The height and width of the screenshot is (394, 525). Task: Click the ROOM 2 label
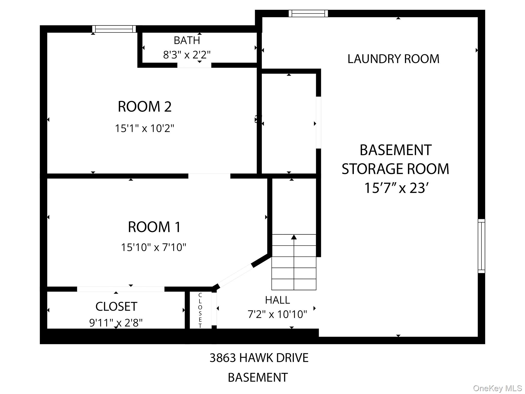point(145,107)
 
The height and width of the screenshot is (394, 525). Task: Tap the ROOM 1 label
point(154,227)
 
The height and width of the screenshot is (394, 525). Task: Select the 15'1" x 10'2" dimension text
point(144,128)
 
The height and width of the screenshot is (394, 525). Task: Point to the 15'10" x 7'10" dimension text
point(153,247)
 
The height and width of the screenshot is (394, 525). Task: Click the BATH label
point(187,40)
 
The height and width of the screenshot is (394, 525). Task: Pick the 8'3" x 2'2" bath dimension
point(187,55)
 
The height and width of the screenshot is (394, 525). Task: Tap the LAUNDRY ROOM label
point(393,59)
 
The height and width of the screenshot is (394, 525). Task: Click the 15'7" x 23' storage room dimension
point(396,188)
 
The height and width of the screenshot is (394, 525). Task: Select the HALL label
point(277,300)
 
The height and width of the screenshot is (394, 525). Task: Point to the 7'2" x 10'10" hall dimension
point(277,314)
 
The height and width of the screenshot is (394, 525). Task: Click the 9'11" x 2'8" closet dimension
point(116,323)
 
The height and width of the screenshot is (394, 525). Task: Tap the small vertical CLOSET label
point(200,310)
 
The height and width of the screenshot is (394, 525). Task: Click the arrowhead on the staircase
point(294,237)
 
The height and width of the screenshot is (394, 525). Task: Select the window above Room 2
point(114,29)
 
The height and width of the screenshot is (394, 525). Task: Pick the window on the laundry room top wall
point(308,13)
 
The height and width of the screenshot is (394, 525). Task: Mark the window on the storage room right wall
point(481,246)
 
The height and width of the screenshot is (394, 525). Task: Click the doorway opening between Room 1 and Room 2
point(209,176)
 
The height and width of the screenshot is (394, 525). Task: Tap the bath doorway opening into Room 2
point(194,65)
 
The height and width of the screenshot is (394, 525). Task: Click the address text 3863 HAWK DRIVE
point(259,358)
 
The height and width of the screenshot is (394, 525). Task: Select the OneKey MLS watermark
point(497,388)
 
